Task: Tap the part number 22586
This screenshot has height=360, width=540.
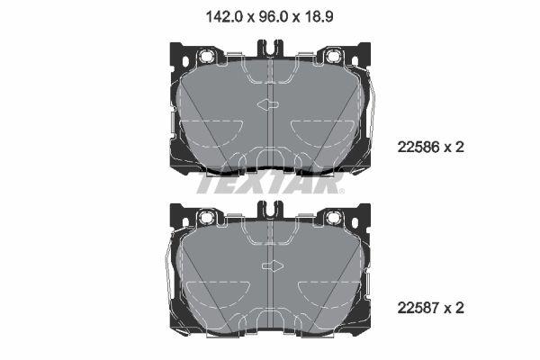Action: click(x=417, y=146)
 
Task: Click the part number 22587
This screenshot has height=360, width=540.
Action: click(x=417, y=308)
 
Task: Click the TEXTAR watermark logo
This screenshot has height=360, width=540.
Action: click(x=270, y=184)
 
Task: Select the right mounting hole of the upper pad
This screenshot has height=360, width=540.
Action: click(x=334, y=57)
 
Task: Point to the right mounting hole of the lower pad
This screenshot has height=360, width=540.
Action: click(x=334, y=218)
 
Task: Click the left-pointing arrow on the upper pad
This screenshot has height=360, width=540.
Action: click(x=267, y=105)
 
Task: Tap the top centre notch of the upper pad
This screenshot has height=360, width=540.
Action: click(x=271, y=49)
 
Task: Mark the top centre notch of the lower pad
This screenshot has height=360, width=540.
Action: click(x=271, y=210)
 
